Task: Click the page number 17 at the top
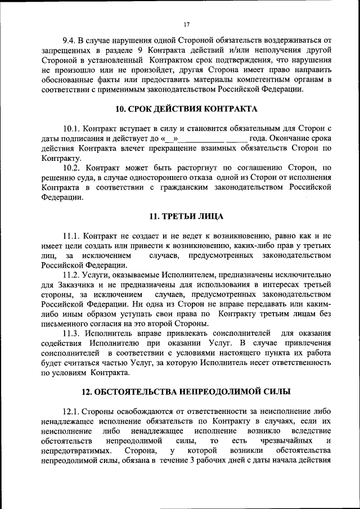pyautogui.click(x=186, y=24)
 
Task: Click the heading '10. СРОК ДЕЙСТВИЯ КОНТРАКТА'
pyautogui.click(x=186, y=109)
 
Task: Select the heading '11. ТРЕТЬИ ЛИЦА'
pyautogui.click(x=186, y=216)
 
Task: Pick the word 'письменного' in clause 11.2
pyautogui.click(x=66, y=323)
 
